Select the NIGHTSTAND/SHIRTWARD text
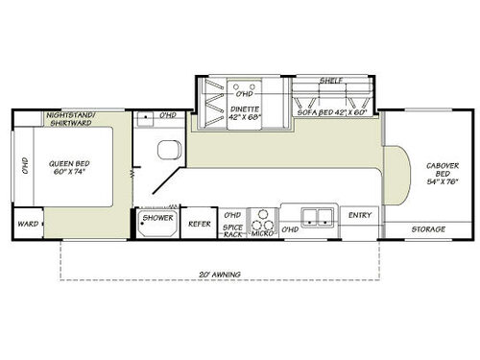(75, 120)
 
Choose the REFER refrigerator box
(199, 223)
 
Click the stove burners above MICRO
(259, 214)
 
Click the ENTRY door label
(360, 215)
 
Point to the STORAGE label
(428, 228)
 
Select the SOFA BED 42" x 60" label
(328, 111)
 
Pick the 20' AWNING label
(220, 275)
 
